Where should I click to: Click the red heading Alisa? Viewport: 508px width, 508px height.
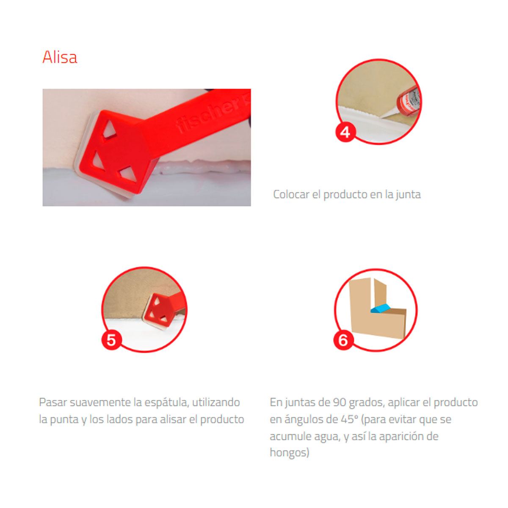click(60, 57)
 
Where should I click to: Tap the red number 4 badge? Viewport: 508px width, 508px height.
click(345, 132)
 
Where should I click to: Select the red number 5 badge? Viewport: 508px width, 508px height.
click(111, 340)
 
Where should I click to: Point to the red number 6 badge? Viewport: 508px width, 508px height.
click(343, 340)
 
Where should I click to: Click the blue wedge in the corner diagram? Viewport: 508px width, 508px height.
click(381, 308)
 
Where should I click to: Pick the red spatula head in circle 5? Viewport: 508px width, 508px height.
click(158, 311)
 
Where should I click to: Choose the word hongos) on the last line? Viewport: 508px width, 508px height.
click(290, 453)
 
